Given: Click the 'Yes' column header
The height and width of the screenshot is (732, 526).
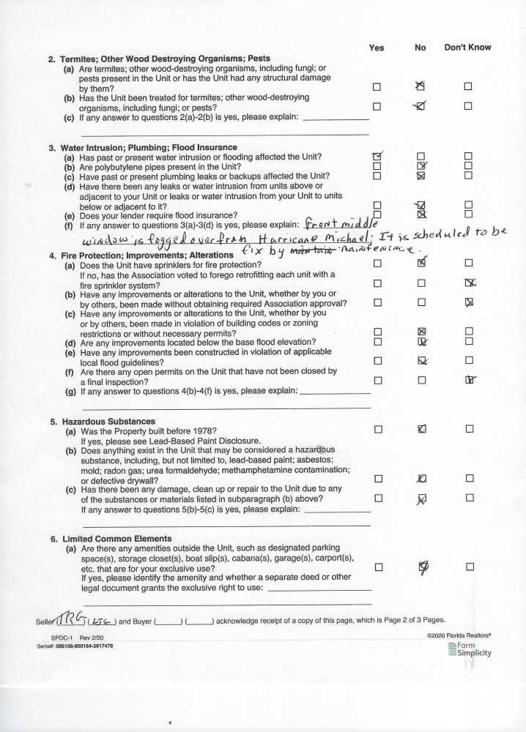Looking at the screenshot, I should click(376, 48).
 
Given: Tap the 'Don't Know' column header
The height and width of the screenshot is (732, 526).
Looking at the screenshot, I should click(467, 48).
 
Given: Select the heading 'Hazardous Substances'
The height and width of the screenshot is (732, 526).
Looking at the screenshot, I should click(103, 422).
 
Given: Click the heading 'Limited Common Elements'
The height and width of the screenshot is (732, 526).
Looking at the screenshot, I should click(111, 539).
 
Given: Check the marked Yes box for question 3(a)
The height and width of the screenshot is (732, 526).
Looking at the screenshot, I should click(377, 157).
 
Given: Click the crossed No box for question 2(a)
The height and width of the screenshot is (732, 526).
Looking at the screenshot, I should click(421, 86).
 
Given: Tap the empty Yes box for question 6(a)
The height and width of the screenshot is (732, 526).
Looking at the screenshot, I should click(377, 567).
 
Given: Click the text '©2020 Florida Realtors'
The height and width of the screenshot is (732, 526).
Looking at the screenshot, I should click(459, 636).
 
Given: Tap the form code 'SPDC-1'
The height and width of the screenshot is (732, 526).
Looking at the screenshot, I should click(53, 638).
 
